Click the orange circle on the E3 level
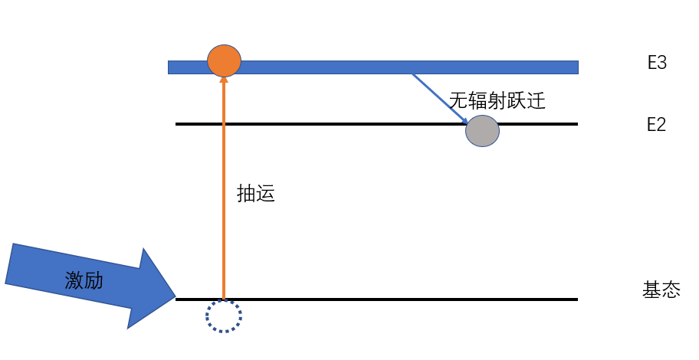[x=224, y=61]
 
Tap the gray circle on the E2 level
[x=482, y=130]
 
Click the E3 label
[x=657, y=64]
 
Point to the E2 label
[x=657, y=125]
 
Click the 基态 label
[x=661, y=291]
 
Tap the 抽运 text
[x=256, y=195]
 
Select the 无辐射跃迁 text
[x=497, y=101]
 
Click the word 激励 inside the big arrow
[x=84, y=281]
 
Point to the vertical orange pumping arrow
[x=224, y=191]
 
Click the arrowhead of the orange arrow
[x=224, y=81]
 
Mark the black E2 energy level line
[x=322, y=124]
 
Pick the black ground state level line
[x=383, y=299]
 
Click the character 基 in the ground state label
[x=651, y=291]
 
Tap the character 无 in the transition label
[x=458, y=101]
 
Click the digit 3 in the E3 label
[x=662, y=64]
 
